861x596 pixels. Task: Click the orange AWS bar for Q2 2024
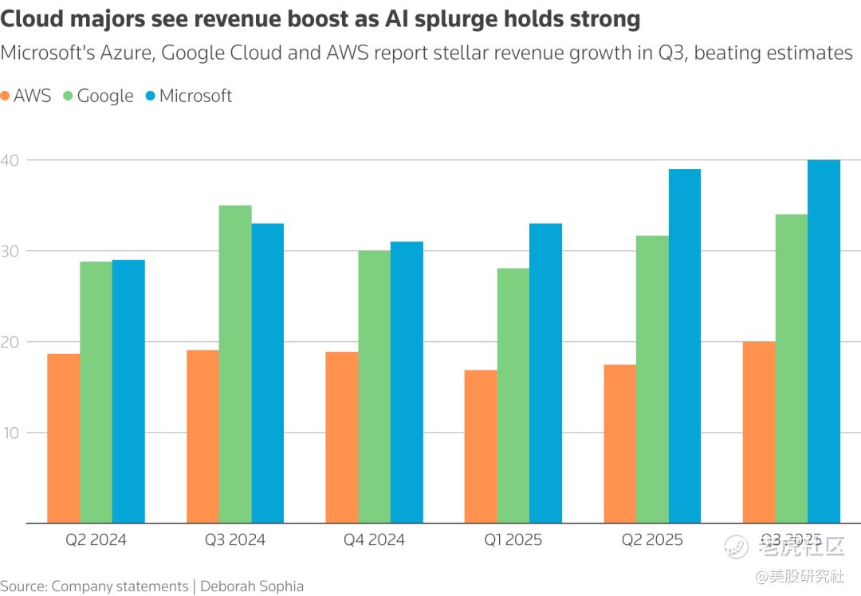tap(64, 438)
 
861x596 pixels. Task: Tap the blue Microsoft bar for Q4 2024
tap(407, 382)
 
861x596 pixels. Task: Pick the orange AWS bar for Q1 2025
tap(481, 446)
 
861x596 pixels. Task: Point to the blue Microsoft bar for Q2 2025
tap(685, 346)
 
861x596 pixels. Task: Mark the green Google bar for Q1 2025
tap(513, 395)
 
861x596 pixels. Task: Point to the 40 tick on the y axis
tap(10, 160)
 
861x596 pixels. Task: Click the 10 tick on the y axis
tap(10, 433)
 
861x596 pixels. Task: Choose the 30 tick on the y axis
tap(10, 251)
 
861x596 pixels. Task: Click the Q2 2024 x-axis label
tap(96, 539)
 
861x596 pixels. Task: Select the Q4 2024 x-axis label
tap(374, 539)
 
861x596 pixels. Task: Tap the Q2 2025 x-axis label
tap(652, 539)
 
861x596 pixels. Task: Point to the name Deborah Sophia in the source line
tap(252, 586)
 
